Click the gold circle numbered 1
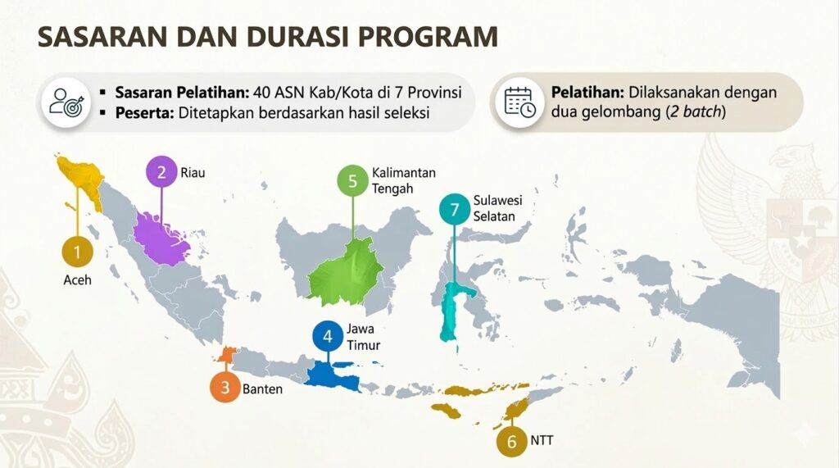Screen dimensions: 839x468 click(x=77, y=252)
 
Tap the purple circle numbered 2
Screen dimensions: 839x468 click(x=161, y=172)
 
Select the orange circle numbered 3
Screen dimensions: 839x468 click(x=225, y=387)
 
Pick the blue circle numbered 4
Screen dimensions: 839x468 click(x=328, y=336)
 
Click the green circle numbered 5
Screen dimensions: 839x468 click(x=352, y=181)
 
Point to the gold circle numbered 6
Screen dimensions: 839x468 click(x=511, y=441)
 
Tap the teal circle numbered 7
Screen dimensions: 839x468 click(x=455, y=209)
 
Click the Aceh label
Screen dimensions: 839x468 click(x=78, y=280)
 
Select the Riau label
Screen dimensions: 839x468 click(x=193, y=173)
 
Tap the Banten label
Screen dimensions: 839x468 click(x=262, y=388)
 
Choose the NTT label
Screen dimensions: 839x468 click(x=542, y=441)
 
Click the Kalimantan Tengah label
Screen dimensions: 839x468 click(x=403, y=180)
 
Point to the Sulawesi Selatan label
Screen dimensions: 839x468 click(x=497, y=208)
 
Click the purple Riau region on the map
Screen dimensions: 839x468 click(x=160, y=239)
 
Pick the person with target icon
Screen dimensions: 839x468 click(x=66, y=102)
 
